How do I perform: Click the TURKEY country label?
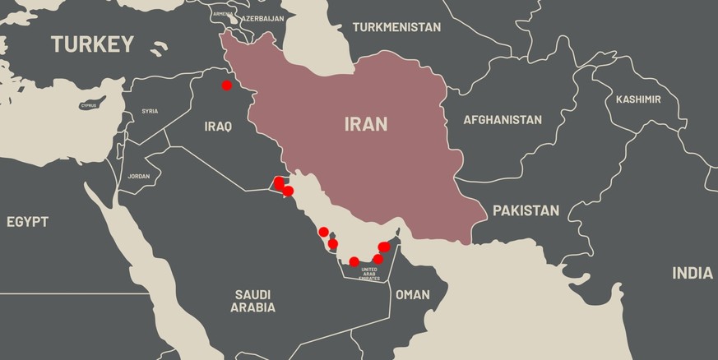click(x=92, y=44)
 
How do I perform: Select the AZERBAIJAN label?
click(x=262, y=18)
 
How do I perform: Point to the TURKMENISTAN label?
click(x=396, y=27)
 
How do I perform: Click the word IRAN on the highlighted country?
click(x=366, y=124)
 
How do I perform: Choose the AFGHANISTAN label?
click(x=503, y=120)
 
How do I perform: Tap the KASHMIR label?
click(x=638, y=99)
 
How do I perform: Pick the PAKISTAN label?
click(x=526, y=210)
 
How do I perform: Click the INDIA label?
click(x=693, y=273)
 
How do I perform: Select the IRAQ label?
click(x=218, y=127)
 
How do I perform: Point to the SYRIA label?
click(x=150, y=111)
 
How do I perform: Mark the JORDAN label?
click(x=139, y=176)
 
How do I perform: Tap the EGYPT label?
click(x=27, y=222)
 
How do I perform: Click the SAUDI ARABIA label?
click(x=252, y=301)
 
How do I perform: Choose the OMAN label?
click(x=412, y=294)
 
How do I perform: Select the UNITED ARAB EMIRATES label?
click(x=369, y=275)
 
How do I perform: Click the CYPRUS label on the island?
click(x=89, y=105)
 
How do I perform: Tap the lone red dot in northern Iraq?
click(x=226, y=85)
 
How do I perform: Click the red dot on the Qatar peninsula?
click(x=333, y=244)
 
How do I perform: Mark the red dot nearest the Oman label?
click(x=378, y=259)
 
